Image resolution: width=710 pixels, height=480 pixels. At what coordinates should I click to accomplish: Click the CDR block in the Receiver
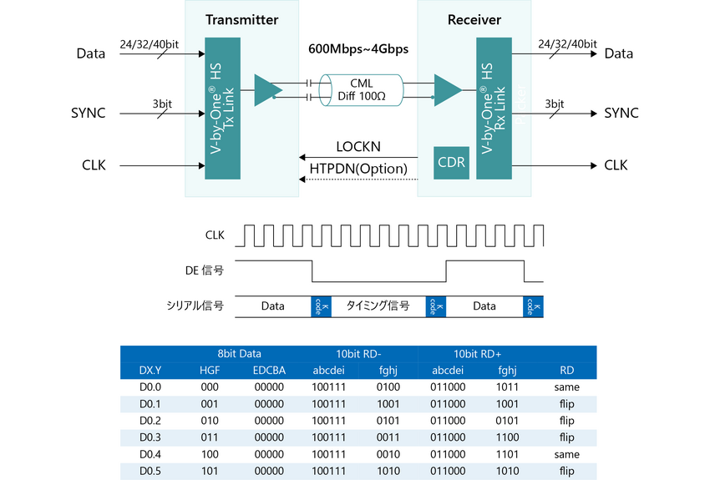451,162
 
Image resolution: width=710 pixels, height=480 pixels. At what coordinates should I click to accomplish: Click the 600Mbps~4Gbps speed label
358,49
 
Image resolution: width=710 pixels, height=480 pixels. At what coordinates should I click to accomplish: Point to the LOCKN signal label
358,147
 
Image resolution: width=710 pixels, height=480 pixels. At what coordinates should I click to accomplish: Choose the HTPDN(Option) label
358,169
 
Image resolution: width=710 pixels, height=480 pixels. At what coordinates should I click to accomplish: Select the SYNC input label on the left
88,113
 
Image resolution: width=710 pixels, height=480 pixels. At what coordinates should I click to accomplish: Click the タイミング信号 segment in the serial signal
378,306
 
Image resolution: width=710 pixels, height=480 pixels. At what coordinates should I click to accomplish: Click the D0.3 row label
150,437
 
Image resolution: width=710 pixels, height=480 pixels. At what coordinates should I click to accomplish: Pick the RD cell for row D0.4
566,454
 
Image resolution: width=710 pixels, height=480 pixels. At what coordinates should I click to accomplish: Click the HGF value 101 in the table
210,471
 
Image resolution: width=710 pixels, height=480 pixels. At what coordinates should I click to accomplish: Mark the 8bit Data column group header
239,353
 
